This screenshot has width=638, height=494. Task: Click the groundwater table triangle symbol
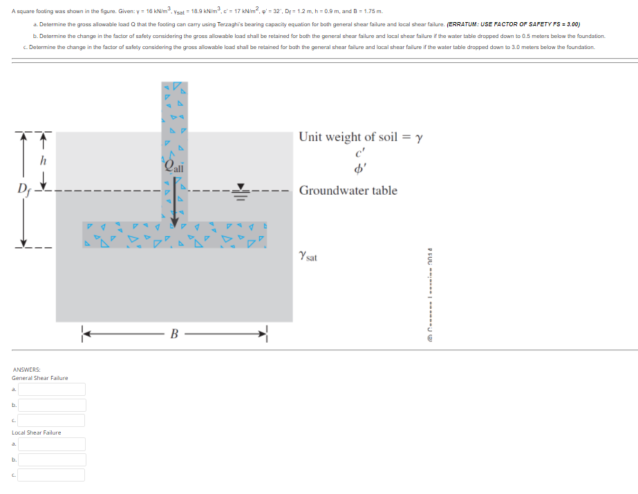241,188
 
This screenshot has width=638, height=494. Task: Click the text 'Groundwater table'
348,191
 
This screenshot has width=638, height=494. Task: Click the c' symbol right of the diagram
359,153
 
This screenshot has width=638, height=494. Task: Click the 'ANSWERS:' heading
26,370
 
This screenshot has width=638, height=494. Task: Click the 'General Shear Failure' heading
39,378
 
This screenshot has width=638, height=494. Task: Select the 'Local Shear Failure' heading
36,433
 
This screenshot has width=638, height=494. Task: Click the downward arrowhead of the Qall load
174,221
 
